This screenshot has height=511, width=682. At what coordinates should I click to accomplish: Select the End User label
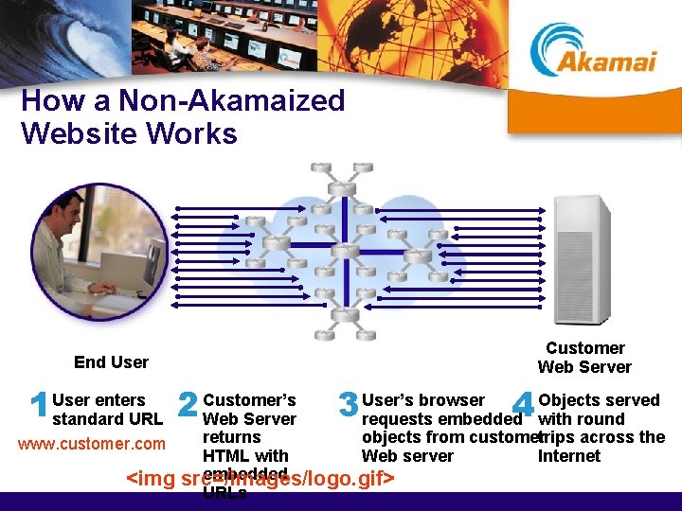[111, 362]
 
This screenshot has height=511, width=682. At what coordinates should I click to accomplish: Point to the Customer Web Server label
[584, 358]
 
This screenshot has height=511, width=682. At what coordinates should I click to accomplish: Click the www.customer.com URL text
[91, 444]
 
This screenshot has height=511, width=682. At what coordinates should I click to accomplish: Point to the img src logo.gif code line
[260, 479]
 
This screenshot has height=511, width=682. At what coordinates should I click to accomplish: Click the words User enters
[99, 400]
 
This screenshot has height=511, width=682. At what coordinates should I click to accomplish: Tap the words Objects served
[599, 400]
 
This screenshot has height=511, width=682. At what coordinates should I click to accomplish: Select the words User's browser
[423, 400]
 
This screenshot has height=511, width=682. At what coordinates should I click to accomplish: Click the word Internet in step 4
[568, 456]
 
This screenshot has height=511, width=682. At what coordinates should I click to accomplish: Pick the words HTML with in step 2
[245, 456]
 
